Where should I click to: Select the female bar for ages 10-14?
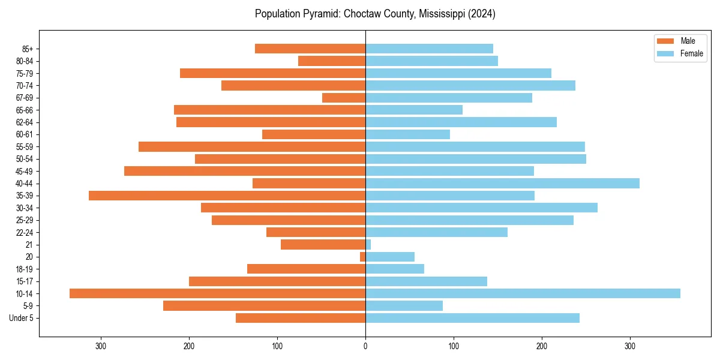[523, 293]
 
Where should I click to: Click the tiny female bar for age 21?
[368, 245]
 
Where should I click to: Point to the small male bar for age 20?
[363, 257]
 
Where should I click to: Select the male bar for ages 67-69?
[344, 98]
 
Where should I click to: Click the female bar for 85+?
[429, 49]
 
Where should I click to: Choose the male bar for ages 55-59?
[252, 146]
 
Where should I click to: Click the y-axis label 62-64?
[25, 122]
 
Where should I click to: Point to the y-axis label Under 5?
[22, 318]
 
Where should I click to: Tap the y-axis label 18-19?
[25, 269]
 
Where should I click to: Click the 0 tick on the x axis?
[365, 346]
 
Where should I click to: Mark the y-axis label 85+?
[28, 49]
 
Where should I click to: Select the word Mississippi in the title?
[440, 14]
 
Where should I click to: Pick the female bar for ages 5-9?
[404, 306]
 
